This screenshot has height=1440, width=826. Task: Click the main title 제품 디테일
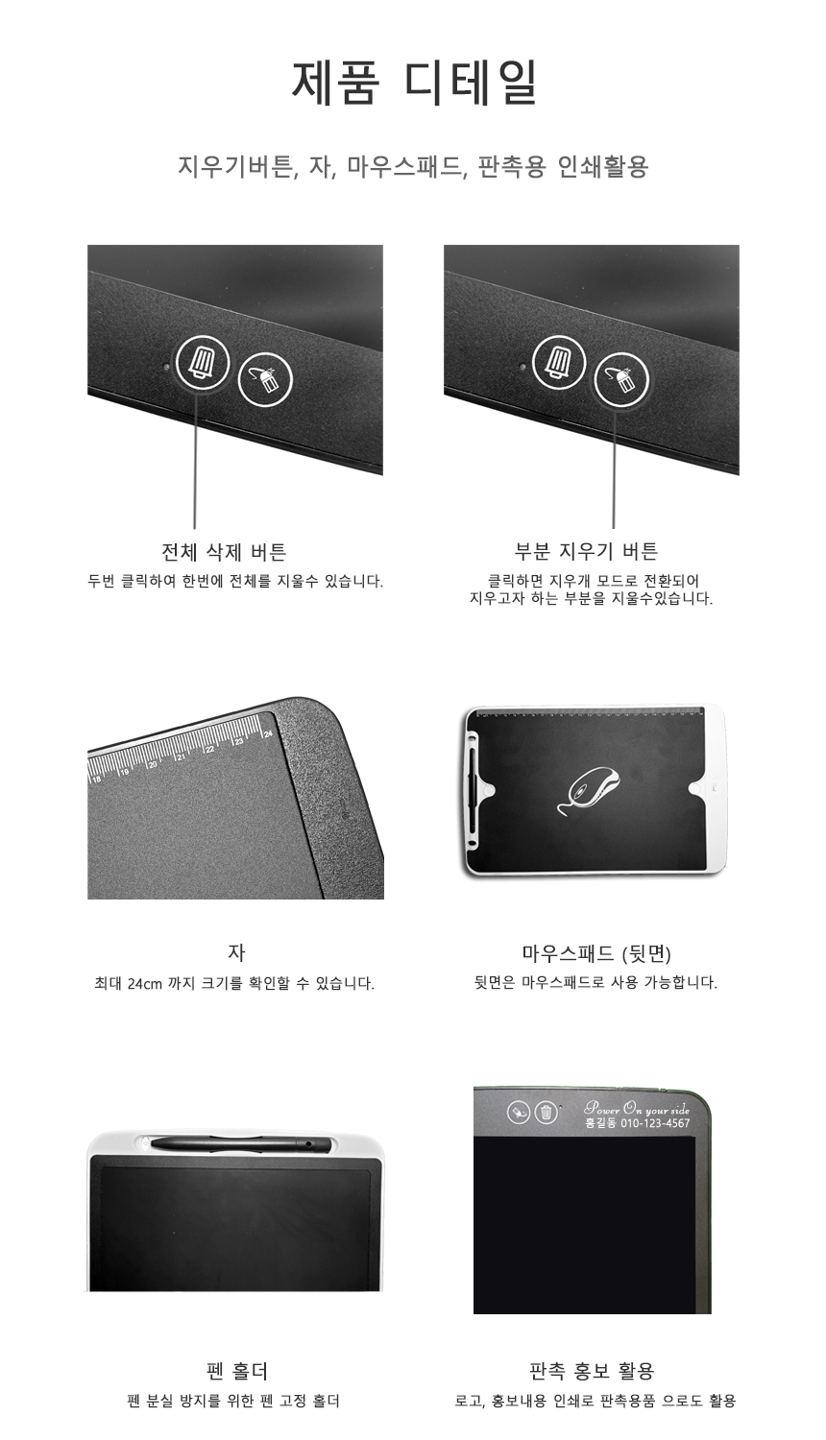[x=414, y=83]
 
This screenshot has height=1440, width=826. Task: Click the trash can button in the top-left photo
[x=202, y=362]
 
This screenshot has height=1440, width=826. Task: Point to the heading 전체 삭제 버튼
[x=223, y=552]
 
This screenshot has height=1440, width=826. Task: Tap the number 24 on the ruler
[x=268, y=733]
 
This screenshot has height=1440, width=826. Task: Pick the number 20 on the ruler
[x=153, y=764]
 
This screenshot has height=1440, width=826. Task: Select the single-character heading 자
[x=236, y=952]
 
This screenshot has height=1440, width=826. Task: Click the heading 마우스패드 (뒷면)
[x=596, y=953]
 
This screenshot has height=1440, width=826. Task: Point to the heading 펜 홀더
[x=236, y=1371]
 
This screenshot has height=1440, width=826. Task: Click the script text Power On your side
[x=636, y=1109]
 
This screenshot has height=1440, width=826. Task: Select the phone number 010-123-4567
[x=655, y=1123]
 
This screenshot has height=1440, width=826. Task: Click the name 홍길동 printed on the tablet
[x=600, y=1123]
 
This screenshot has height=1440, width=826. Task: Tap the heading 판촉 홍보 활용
[x=592, y=1371]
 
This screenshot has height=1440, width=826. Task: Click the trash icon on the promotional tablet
[x=547, y=1112]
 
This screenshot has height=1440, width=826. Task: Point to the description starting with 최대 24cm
[x=234, y=984]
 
